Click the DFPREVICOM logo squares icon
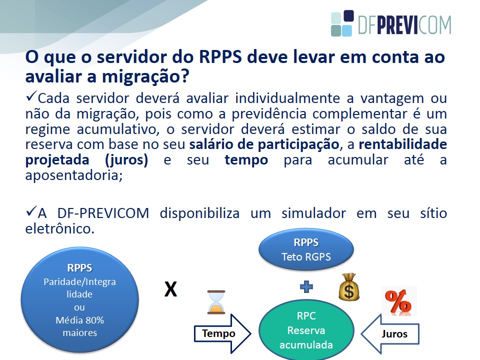[342, 23]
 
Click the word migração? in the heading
[145, 76]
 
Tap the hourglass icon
[216, 302]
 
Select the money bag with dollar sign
[349, 287]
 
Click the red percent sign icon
[398, 301]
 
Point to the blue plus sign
[306, 287]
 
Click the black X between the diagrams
[170, 289]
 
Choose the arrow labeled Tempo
[222, 333]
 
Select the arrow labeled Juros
[390, 333]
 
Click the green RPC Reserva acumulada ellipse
[306, 330]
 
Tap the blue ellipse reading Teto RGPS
[306, 249]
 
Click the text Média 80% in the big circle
[79, 320]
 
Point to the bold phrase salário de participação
[264, 144]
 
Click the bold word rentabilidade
[403, 144]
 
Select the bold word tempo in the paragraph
[246, 160]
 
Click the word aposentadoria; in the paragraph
[74, 175]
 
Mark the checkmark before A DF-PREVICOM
[31, 211]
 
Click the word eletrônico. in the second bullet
[60, 228]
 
